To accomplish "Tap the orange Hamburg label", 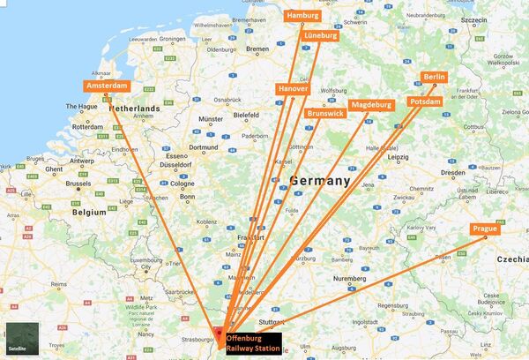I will coord(302,15).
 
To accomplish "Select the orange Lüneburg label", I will coord(321,36).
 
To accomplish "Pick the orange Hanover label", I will coord(293,90).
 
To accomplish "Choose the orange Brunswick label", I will coord(325,113).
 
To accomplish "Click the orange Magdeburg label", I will coord(371,105).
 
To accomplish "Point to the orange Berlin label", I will coord(435,78).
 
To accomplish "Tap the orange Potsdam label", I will coord(427,103).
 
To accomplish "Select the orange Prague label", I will coord(485,229).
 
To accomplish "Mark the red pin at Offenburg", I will coord(219,333).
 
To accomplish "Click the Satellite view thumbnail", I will coord(19,339).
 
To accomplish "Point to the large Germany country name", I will coord(320,181).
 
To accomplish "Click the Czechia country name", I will coord(512,260).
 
